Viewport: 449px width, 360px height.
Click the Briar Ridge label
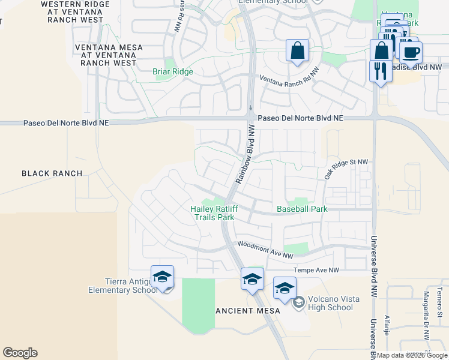tap(173, 72)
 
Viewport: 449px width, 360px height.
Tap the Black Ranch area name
tap(52, 173)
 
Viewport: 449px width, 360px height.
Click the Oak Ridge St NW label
tap(345, 169)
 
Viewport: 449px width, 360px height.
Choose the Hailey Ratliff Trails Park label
tap(212, 213)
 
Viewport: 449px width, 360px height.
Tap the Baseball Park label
tap(302, 209)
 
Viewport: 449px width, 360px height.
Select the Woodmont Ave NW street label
tap(265, 250)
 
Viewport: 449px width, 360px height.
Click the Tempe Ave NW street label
tap(316, 271)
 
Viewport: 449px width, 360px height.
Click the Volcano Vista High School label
tap(330, 304)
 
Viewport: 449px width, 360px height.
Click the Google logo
tap(20, 353)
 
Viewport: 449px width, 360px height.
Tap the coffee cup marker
tap(411, 52)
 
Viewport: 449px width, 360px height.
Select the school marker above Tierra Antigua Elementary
tap(162, 277)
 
